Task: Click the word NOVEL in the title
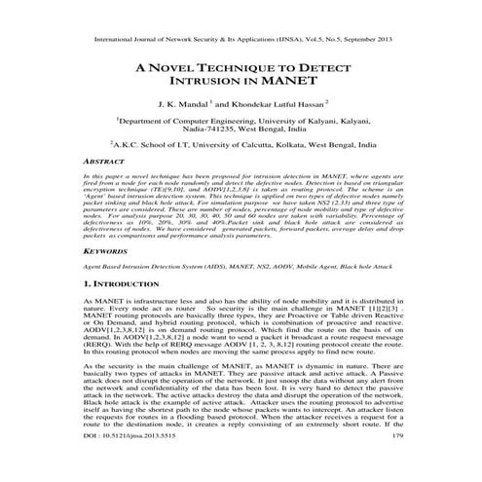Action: [181, 69]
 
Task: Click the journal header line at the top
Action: [241, 42]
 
